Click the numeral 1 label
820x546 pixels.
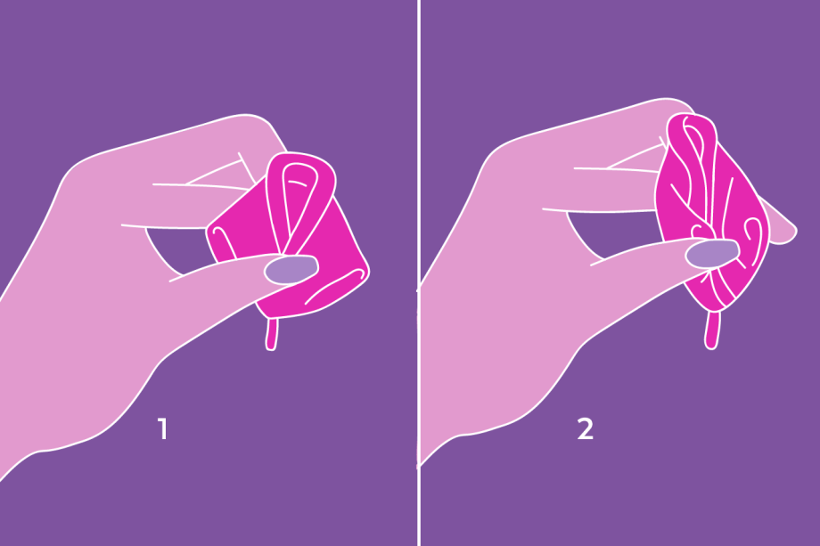tap(163, 428)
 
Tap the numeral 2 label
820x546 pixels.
tap(586, 428)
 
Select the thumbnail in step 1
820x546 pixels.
tap(291, 269)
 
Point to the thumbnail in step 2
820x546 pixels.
tap(712, 254)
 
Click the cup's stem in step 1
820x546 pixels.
tap(272, 334)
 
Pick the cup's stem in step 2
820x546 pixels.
tap(712, 330)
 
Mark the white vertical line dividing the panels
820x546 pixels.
tap(419, 273)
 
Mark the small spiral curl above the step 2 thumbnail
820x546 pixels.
tap(701, 230)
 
